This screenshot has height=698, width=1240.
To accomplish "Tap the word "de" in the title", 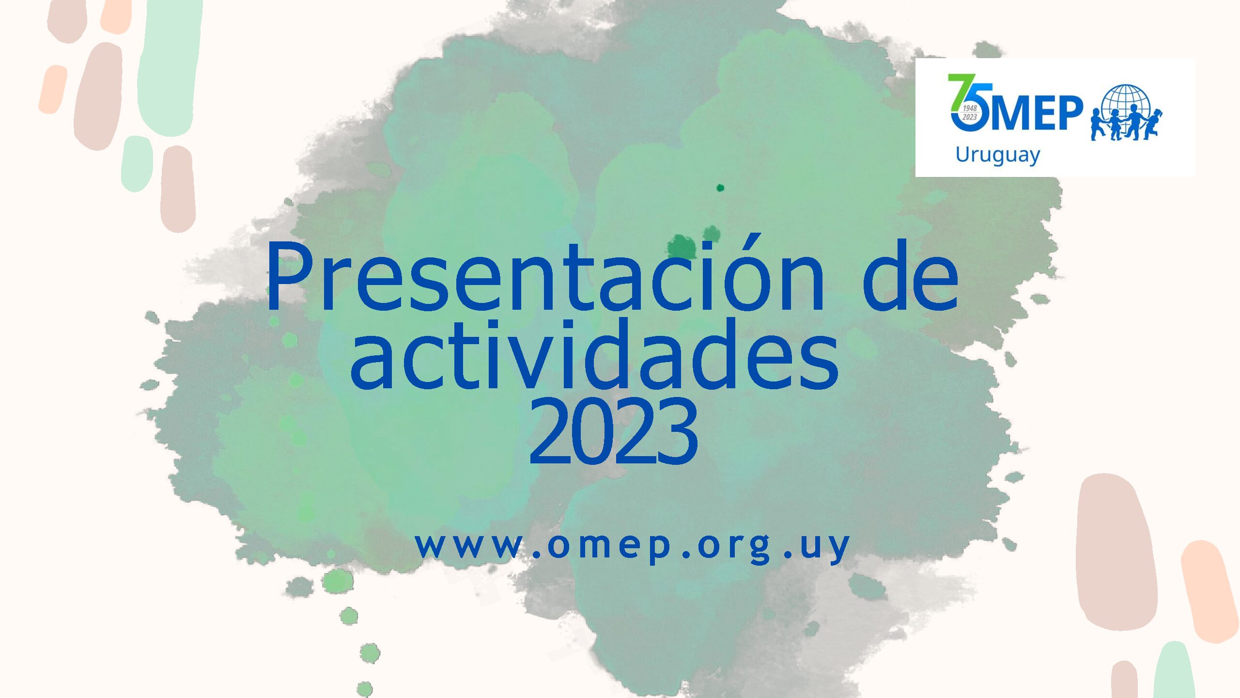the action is pos(910,274).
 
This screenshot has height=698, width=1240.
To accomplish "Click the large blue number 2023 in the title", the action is pos(613,430).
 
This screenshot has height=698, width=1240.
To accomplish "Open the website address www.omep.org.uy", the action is pos(632,547).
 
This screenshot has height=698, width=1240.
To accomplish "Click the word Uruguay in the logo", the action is pos(997,156).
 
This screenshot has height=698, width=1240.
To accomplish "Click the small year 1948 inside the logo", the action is pos(970,109).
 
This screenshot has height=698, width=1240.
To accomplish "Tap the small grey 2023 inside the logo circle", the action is pos(969,117).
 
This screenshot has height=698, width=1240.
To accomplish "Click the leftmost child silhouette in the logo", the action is pos(1098,125).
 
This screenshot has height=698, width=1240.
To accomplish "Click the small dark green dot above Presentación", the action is pos(720,188).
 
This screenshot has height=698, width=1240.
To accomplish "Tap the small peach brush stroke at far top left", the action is pos(53,90).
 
